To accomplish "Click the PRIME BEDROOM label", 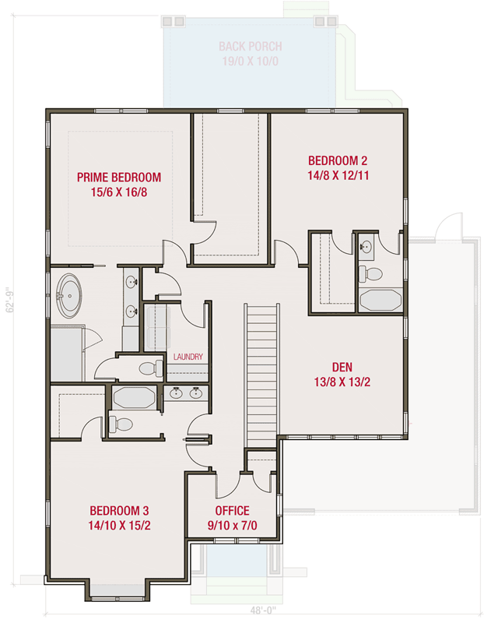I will tap(119, 177).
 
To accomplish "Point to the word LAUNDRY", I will tap(188, 357).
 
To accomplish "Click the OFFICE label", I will tap(232, 511).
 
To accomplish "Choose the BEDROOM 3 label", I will tap(119, 511).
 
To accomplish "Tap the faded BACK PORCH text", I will tap(250, 47).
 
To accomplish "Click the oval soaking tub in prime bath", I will tap(68, 295).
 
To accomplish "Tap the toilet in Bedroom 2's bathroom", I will tap(374, 273).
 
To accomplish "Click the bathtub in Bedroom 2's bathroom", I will tap(380, 300).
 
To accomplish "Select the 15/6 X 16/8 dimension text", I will tap(119, 192).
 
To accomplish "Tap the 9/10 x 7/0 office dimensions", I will tap(232, 526).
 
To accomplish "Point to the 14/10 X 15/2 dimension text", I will tap(119, 526).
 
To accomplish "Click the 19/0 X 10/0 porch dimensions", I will tap(250, 62).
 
